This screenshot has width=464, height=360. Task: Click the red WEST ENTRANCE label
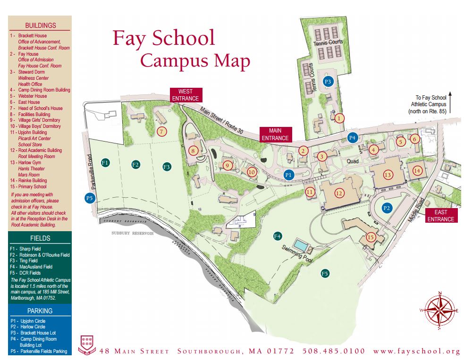coord(186,95)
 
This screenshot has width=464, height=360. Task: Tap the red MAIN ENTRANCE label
coord(275,134)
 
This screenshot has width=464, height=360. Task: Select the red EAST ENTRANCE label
coord(441,216)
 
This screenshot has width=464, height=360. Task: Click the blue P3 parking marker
coord(328,82)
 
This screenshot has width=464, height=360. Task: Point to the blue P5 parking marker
coord(89,198)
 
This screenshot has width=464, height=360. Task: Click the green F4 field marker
coord(278,236)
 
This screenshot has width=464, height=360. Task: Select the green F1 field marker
coord(105,162)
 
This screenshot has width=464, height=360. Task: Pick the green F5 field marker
coord(325,273)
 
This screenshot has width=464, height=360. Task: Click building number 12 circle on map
coord(339,193)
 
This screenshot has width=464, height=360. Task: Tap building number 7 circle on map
coord(162,131)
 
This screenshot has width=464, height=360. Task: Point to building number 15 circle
coord(371,237)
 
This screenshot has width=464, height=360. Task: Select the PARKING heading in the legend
coord(40,311)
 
